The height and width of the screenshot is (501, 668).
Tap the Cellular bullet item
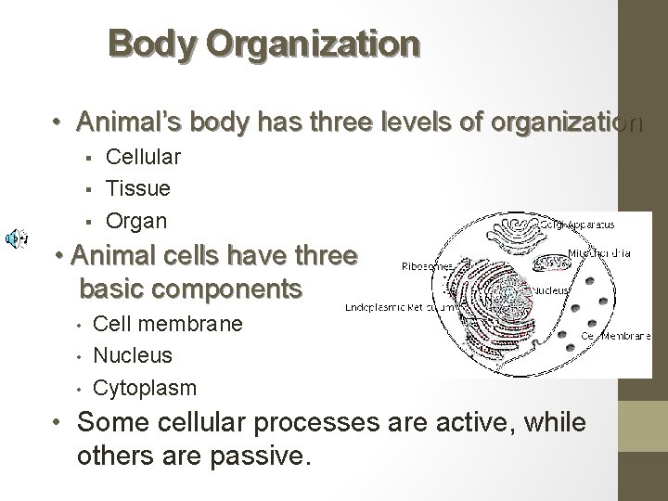[x=143, y=158]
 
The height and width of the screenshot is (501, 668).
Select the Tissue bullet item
[x=138, y=189]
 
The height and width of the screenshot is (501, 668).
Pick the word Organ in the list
[x=136, y=221]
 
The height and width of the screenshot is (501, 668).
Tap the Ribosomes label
[x=428, y=265]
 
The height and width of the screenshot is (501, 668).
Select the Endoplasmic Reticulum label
[x=394, y=307]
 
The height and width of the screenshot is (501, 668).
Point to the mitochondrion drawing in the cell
[x=548, y=264]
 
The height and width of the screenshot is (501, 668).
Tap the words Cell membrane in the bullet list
[x=169, y=324]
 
